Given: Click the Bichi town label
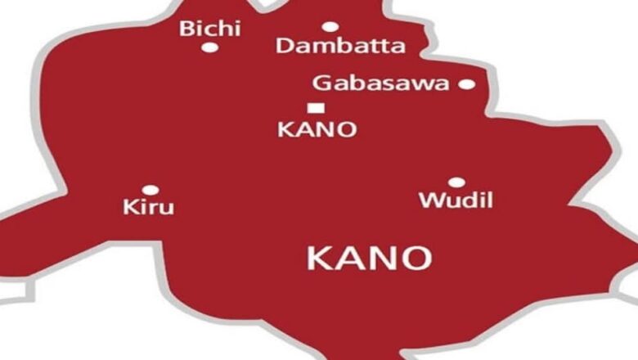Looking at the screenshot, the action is point(210,29).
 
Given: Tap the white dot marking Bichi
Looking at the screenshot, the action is point(209,47).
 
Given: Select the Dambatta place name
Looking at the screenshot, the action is point(339,46).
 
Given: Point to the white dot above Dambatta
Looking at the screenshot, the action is point(330,27).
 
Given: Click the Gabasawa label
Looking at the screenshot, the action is point(380,83).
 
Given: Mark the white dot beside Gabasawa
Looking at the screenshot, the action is point(466,83).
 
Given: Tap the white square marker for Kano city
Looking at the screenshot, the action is point(314,108).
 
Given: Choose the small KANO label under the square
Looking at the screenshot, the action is point(317,129).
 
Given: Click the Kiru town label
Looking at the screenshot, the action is point(148,207).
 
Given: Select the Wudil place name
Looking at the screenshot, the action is point(456,200).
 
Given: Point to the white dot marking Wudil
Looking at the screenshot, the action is point(456,182).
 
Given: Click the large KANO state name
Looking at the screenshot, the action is point(369,259).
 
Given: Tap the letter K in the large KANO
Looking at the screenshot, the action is point(318,259).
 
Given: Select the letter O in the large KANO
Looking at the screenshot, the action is point(416,259).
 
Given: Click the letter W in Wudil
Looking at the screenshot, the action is point(429,200).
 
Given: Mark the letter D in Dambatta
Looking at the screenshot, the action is point(284,46).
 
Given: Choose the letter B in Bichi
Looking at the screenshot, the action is point(186,29).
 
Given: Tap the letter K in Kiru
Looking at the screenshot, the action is point(129,207).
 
